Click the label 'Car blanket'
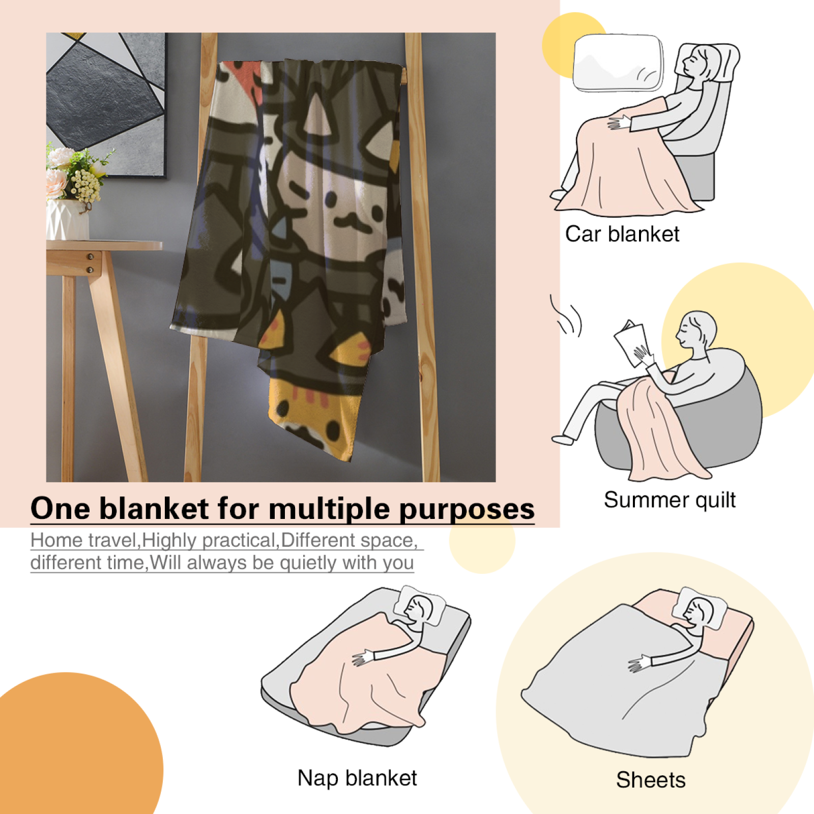tap(622, 235)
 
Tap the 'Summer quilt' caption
tap(670, 500)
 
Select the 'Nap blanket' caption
tap(357, 778)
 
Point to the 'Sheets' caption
tap(651, 780)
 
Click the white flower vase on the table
tap(67, 219)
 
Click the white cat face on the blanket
tap(336, 203)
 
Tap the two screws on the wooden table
tap(90, 263)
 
